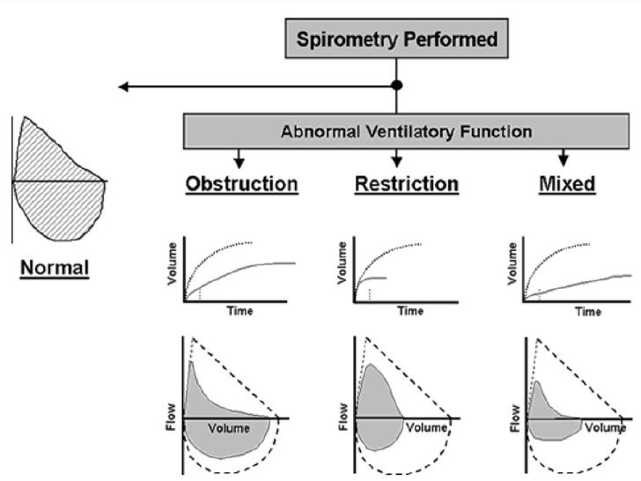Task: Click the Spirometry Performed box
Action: [396, 40]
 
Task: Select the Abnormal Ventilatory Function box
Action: [405, 132]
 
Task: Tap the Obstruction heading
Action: [241, 184]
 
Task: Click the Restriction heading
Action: [406, 184]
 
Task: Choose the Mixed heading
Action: [564, 184]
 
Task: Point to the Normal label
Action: [55, 266]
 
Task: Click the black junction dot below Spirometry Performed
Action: [397, 85]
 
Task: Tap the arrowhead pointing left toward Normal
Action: [125, 86]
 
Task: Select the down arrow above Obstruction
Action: [238, 159]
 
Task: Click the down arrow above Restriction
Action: [397, 159]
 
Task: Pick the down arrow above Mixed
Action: [564, 159]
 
